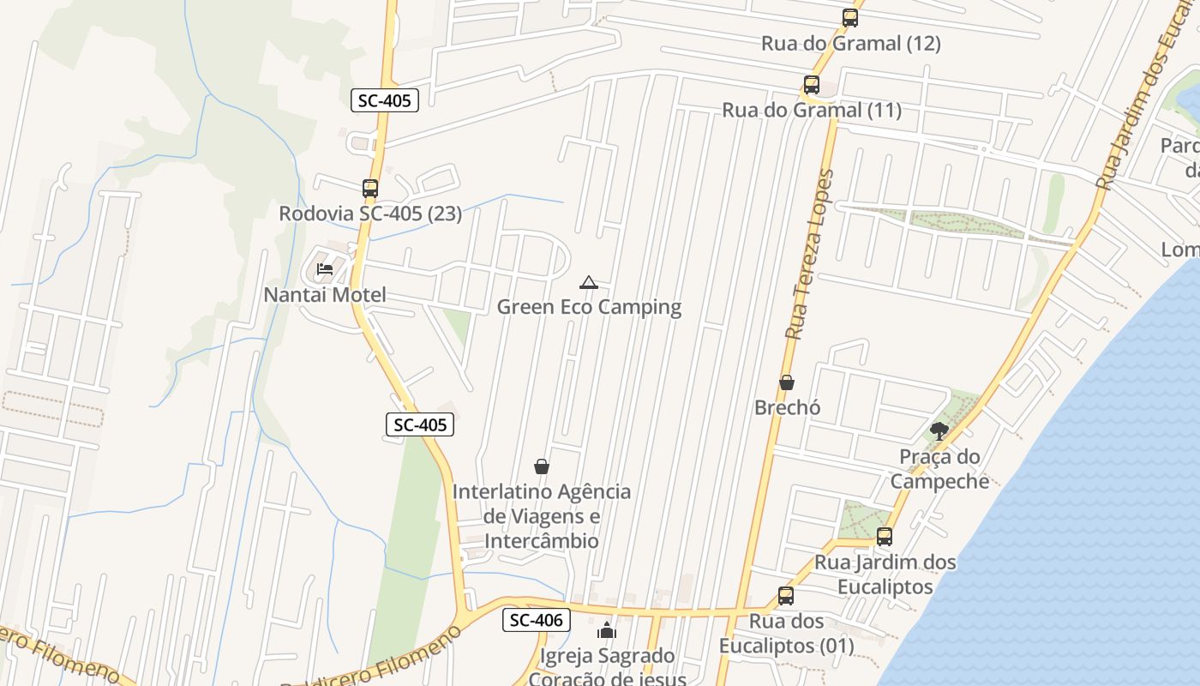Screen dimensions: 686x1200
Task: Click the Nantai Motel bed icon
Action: pos(325,269)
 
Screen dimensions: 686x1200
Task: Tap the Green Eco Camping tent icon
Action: pos(589,282)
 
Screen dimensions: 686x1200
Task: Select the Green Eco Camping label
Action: pos(589,307)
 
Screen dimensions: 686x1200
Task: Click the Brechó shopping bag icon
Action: pos(787,382)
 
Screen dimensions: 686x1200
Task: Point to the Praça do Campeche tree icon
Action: pos(939,431)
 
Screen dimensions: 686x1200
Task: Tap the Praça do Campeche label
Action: pos(939,468)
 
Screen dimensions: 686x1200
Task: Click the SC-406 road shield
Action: pos(536,620)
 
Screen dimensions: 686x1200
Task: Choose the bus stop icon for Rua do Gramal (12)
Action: pos(850,18)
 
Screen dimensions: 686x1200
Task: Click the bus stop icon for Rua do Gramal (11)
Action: pos(812,85)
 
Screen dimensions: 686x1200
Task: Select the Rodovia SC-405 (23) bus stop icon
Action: pos(370,189)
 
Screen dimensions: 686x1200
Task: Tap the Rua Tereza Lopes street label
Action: pos(807,255)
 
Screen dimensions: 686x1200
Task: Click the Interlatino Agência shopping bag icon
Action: pos(542,466)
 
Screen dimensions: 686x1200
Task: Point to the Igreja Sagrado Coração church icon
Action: pos(608,631)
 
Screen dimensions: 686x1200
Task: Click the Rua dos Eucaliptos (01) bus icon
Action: pos(786,596)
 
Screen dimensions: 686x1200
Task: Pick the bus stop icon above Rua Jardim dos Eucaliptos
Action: pos(885,538)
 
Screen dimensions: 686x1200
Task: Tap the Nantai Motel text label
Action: pos(325,295)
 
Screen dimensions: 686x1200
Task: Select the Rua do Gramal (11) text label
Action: pos(812,110)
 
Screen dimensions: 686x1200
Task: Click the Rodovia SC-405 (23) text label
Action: pos(370,214)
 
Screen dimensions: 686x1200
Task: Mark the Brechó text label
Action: pos(787,407)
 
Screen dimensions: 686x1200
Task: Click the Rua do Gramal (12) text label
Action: pos(850,43)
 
